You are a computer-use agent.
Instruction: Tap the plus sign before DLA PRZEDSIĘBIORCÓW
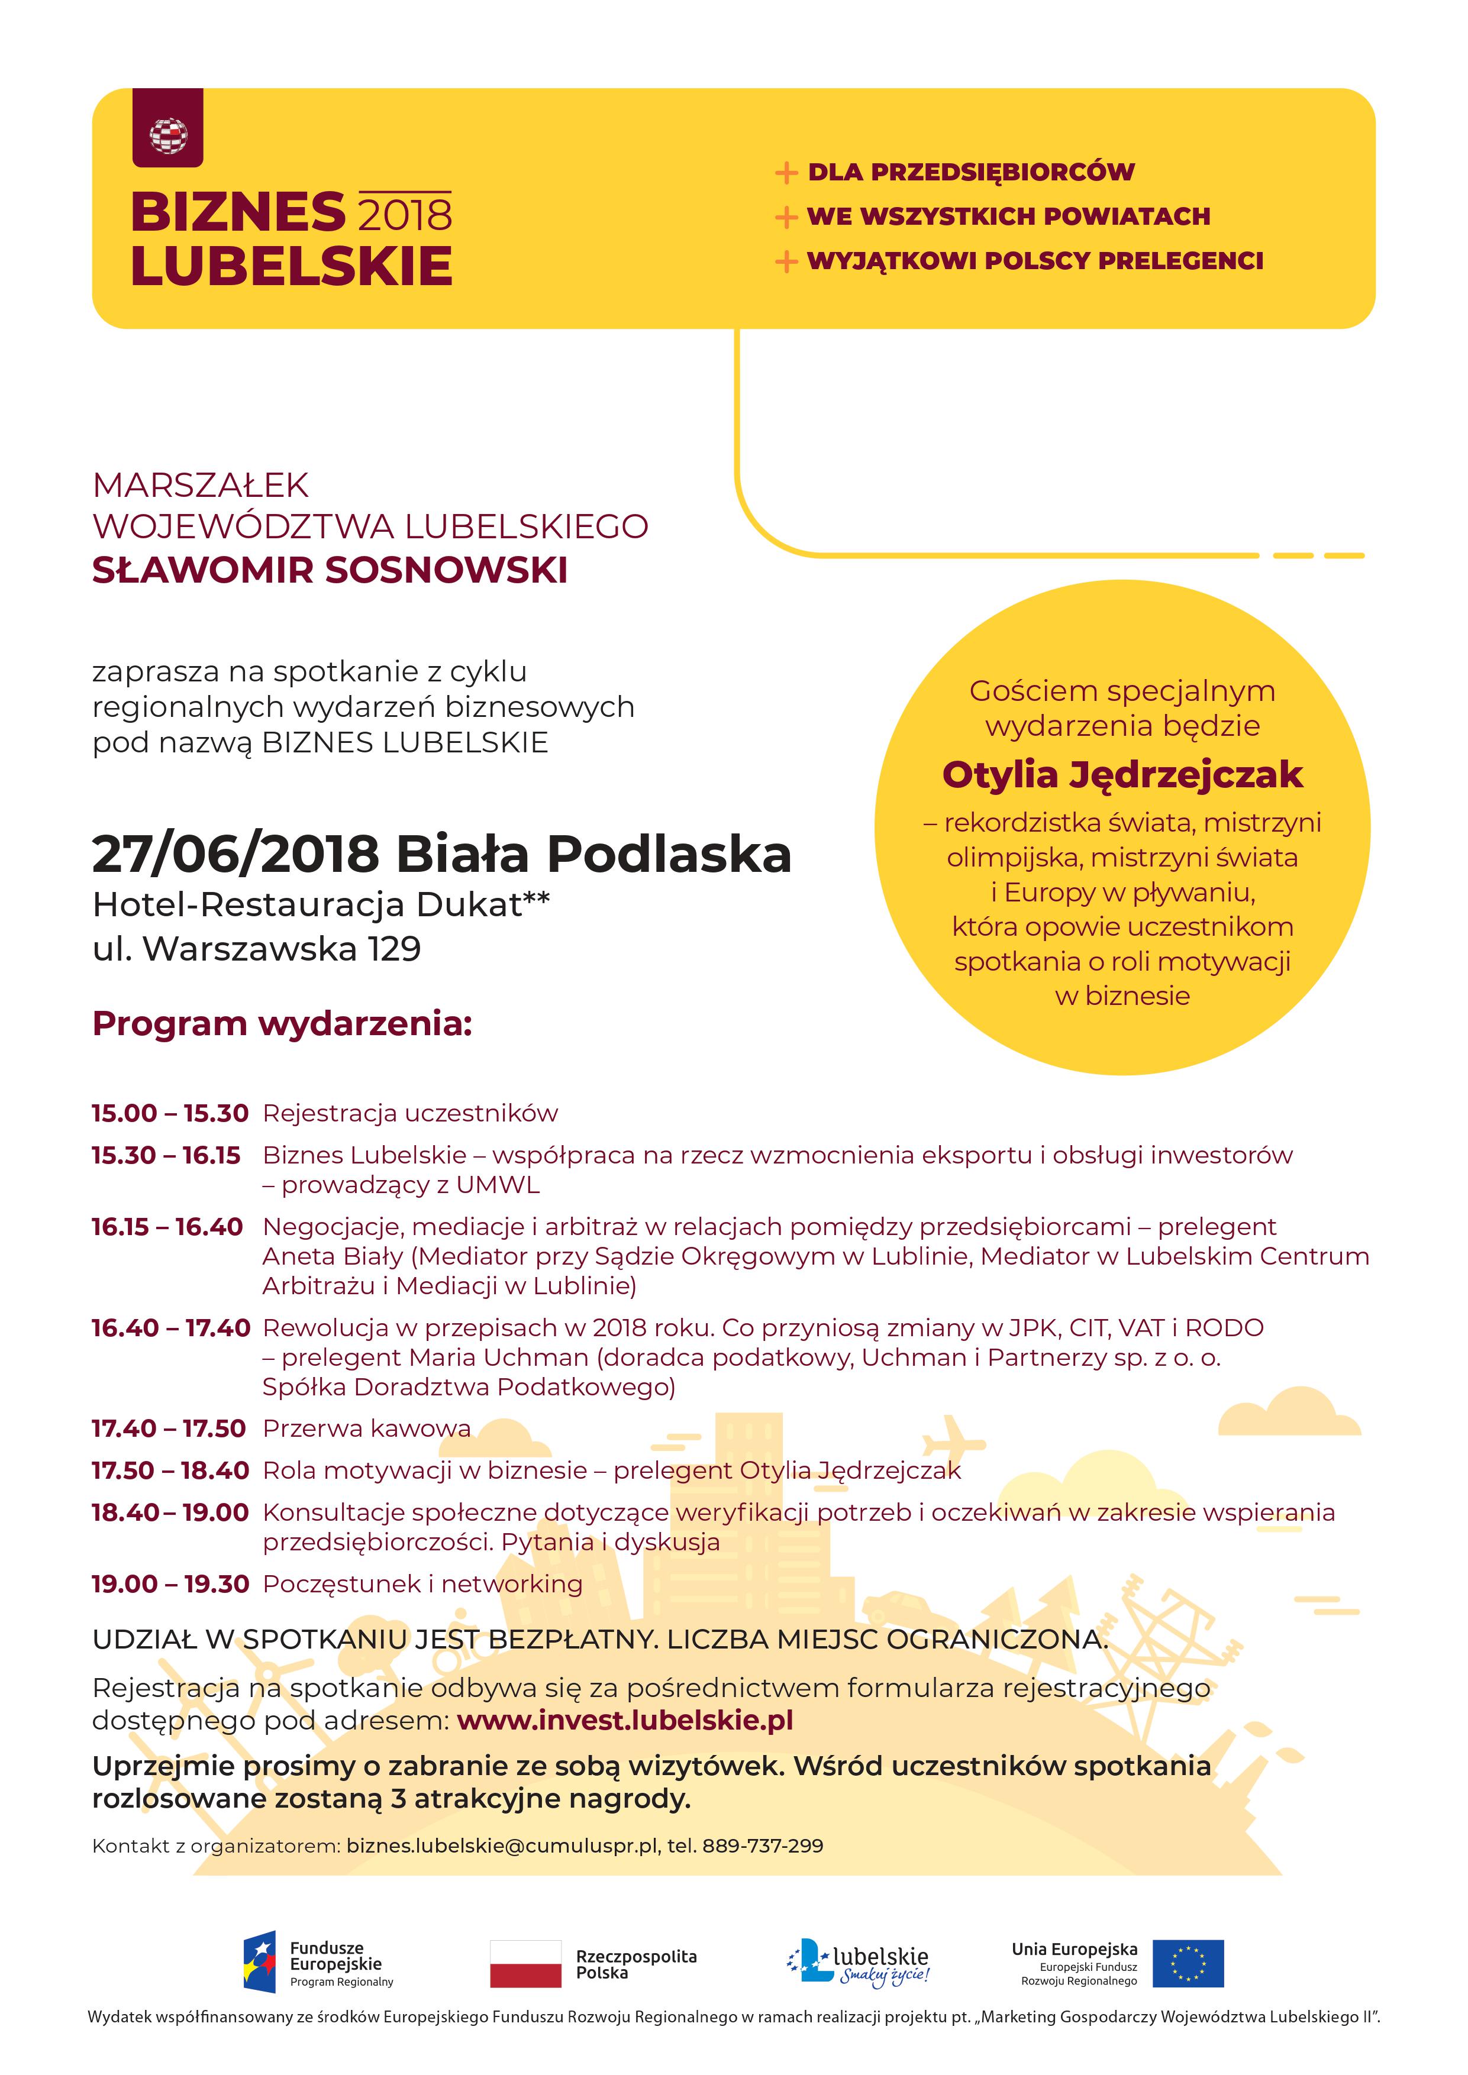(x=786, y=173)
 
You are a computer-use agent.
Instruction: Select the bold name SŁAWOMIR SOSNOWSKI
(x=330, y=570)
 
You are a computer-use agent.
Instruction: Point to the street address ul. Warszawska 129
(x=257, y=949)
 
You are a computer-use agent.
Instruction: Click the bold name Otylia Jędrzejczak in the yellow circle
(x=1122, y=774)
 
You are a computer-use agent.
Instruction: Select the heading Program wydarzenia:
(x=282, y=1024)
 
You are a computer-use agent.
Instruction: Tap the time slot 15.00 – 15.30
(x=170, y=1113)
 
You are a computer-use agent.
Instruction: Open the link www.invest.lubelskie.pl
(x=625, y=1720)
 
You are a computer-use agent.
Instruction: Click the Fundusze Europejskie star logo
(x=259, y=1963)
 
